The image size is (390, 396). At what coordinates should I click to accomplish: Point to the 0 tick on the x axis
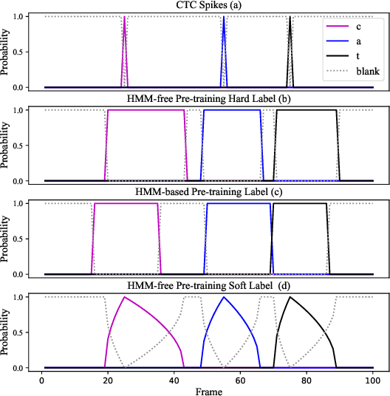(41, 378)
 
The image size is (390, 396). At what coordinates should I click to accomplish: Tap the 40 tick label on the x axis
(174, 378)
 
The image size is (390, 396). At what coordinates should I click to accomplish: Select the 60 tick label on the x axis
(240, 378)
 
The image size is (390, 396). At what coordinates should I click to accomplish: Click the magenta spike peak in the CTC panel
(124, 17)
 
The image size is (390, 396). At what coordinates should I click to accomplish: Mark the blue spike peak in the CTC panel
(223, 17)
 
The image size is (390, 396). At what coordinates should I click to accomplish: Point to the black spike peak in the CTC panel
(290, 17)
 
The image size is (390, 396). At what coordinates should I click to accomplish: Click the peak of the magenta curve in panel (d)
(124, 297)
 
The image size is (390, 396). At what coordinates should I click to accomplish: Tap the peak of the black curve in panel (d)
(290, 297)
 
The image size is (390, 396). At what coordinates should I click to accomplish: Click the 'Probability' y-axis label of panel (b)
(7, 146)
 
